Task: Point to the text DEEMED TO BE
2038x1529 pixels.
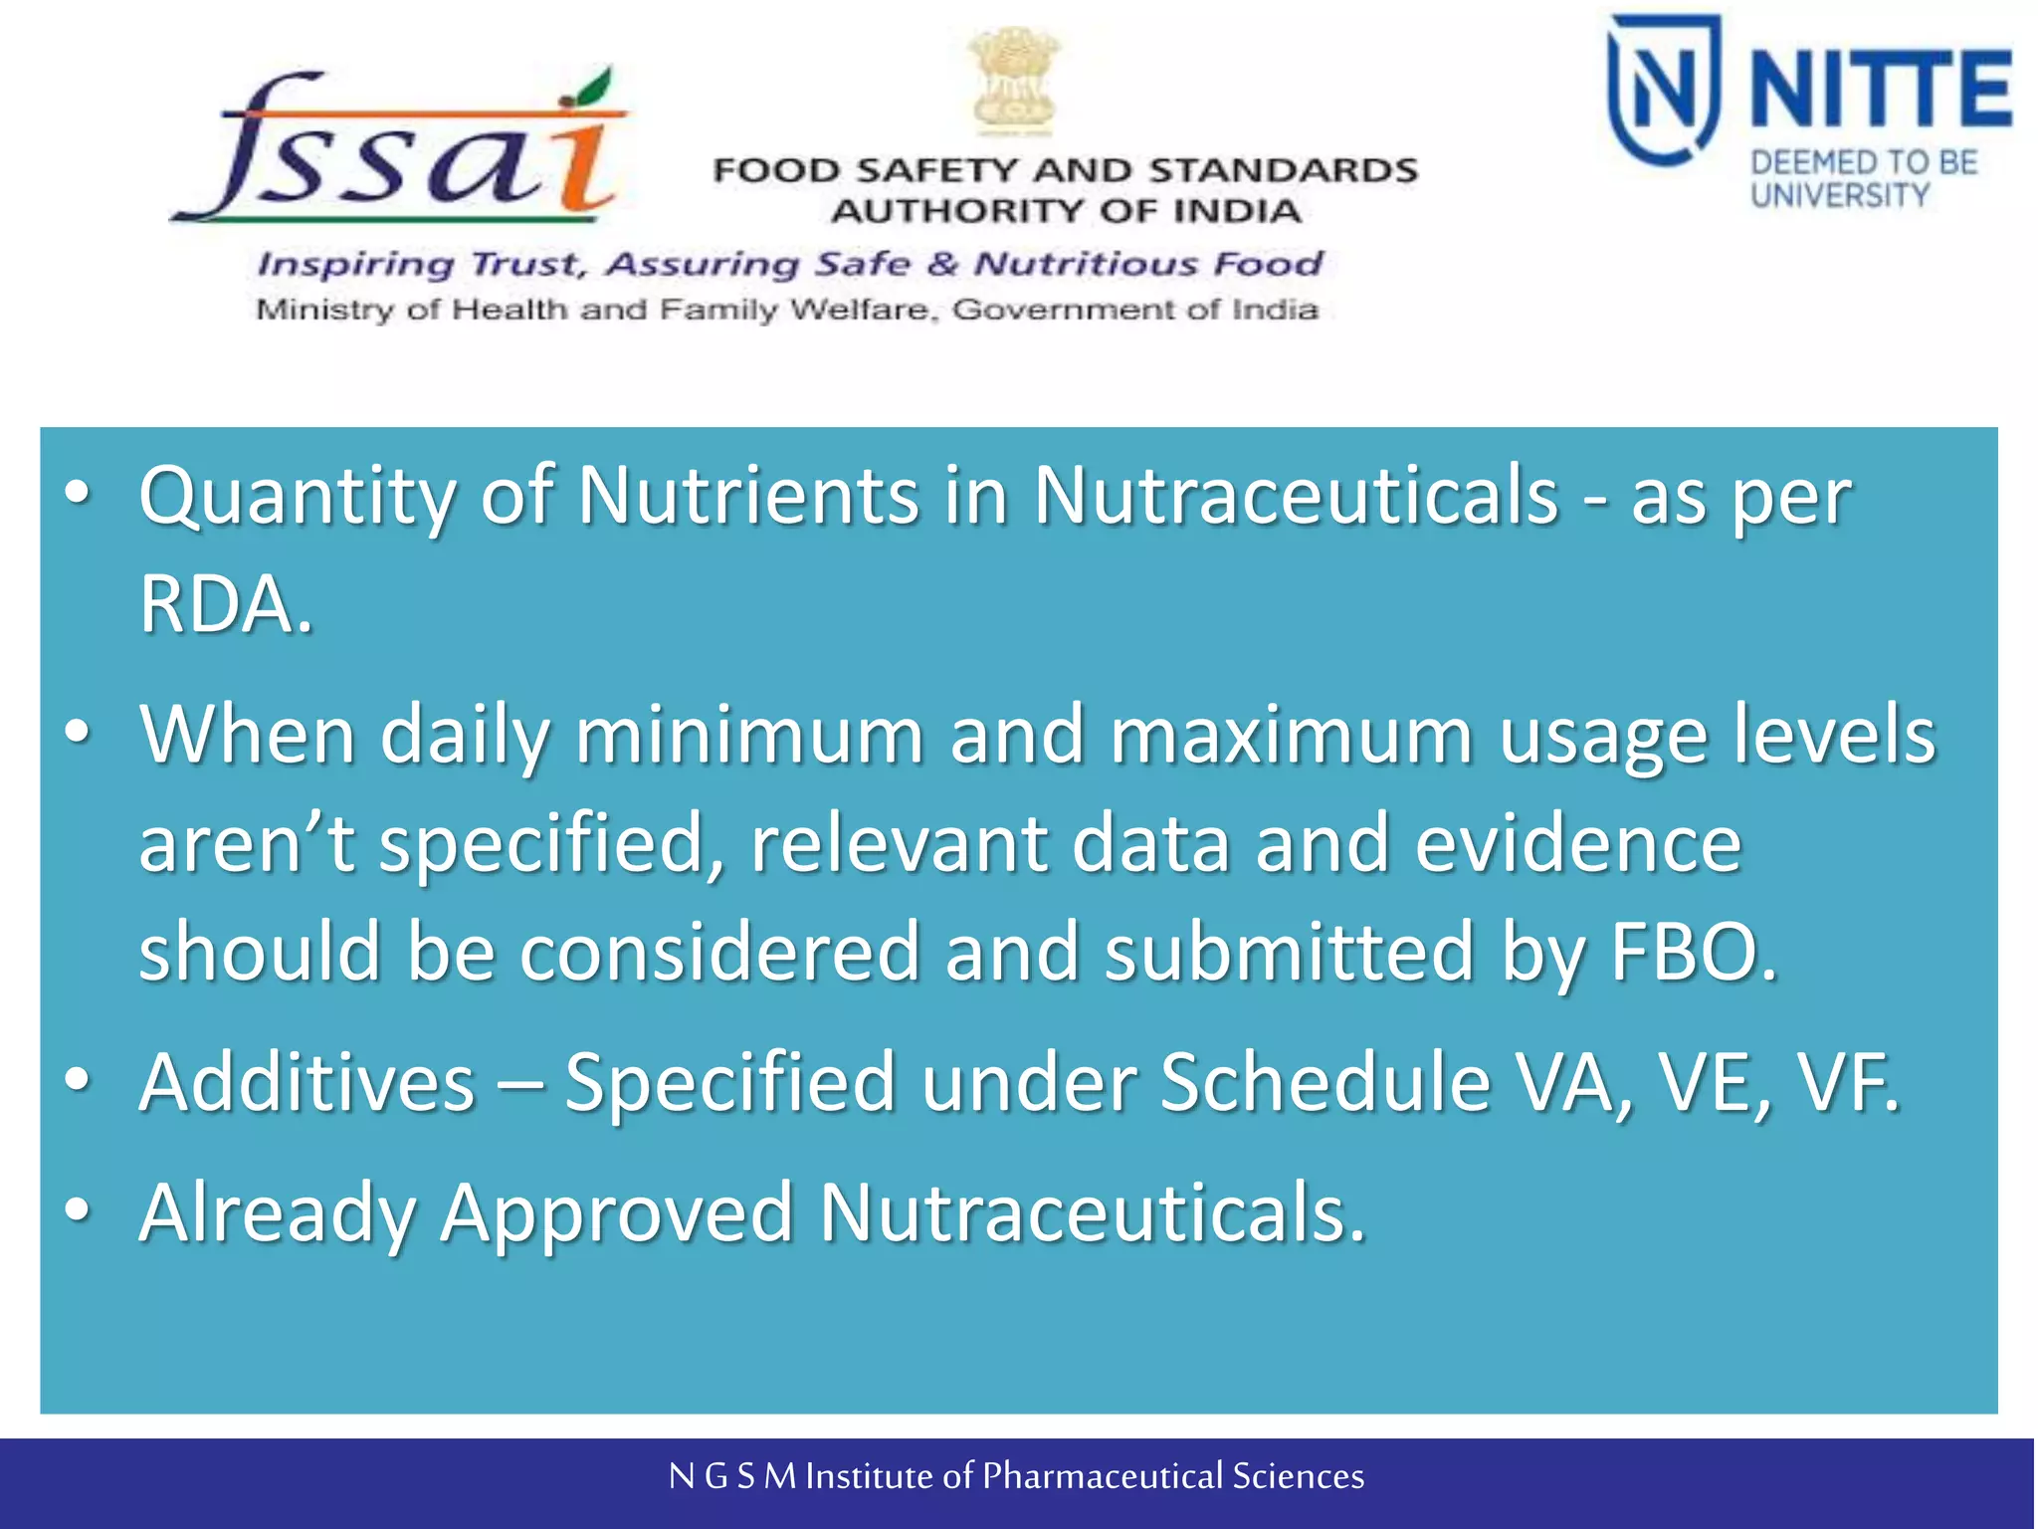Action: point(1864,162)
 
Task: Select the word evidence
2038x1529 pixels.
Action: point(1578,843)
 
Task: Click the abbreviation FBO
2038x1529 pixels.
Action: point(1693,952)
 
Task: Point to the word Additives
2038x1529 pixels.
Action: point(307,1082)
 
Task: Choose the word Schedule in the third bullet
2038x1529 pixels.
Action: point(1325,1082)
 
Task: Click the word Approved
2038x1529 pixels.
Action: point(617,1212)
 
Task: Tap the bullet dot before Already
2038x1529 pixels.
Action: point(78,1208)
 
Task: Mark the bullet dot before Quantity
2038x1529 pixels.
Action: point(78,491)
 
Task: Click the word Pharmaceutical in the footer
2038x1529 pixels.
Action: point(1103,1476)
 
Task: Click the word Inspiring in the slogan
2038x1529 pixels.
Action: point(354,265)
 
